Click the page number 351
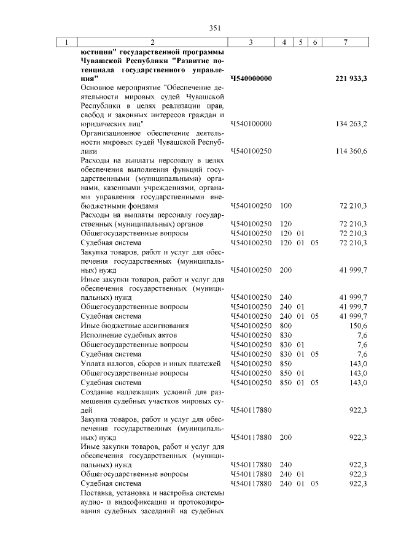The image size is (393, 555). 214,27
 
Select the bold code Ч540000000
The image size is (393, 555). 251,78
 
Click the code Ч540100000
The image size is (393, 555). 251,124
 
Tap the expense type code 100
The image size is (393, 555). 285,206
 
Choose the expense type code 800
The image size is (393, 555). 285,325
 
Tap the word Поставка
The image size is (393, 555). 96,492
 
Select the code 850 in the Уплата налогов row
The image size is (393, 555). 285,364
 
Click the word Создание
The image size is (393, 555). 97,392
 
